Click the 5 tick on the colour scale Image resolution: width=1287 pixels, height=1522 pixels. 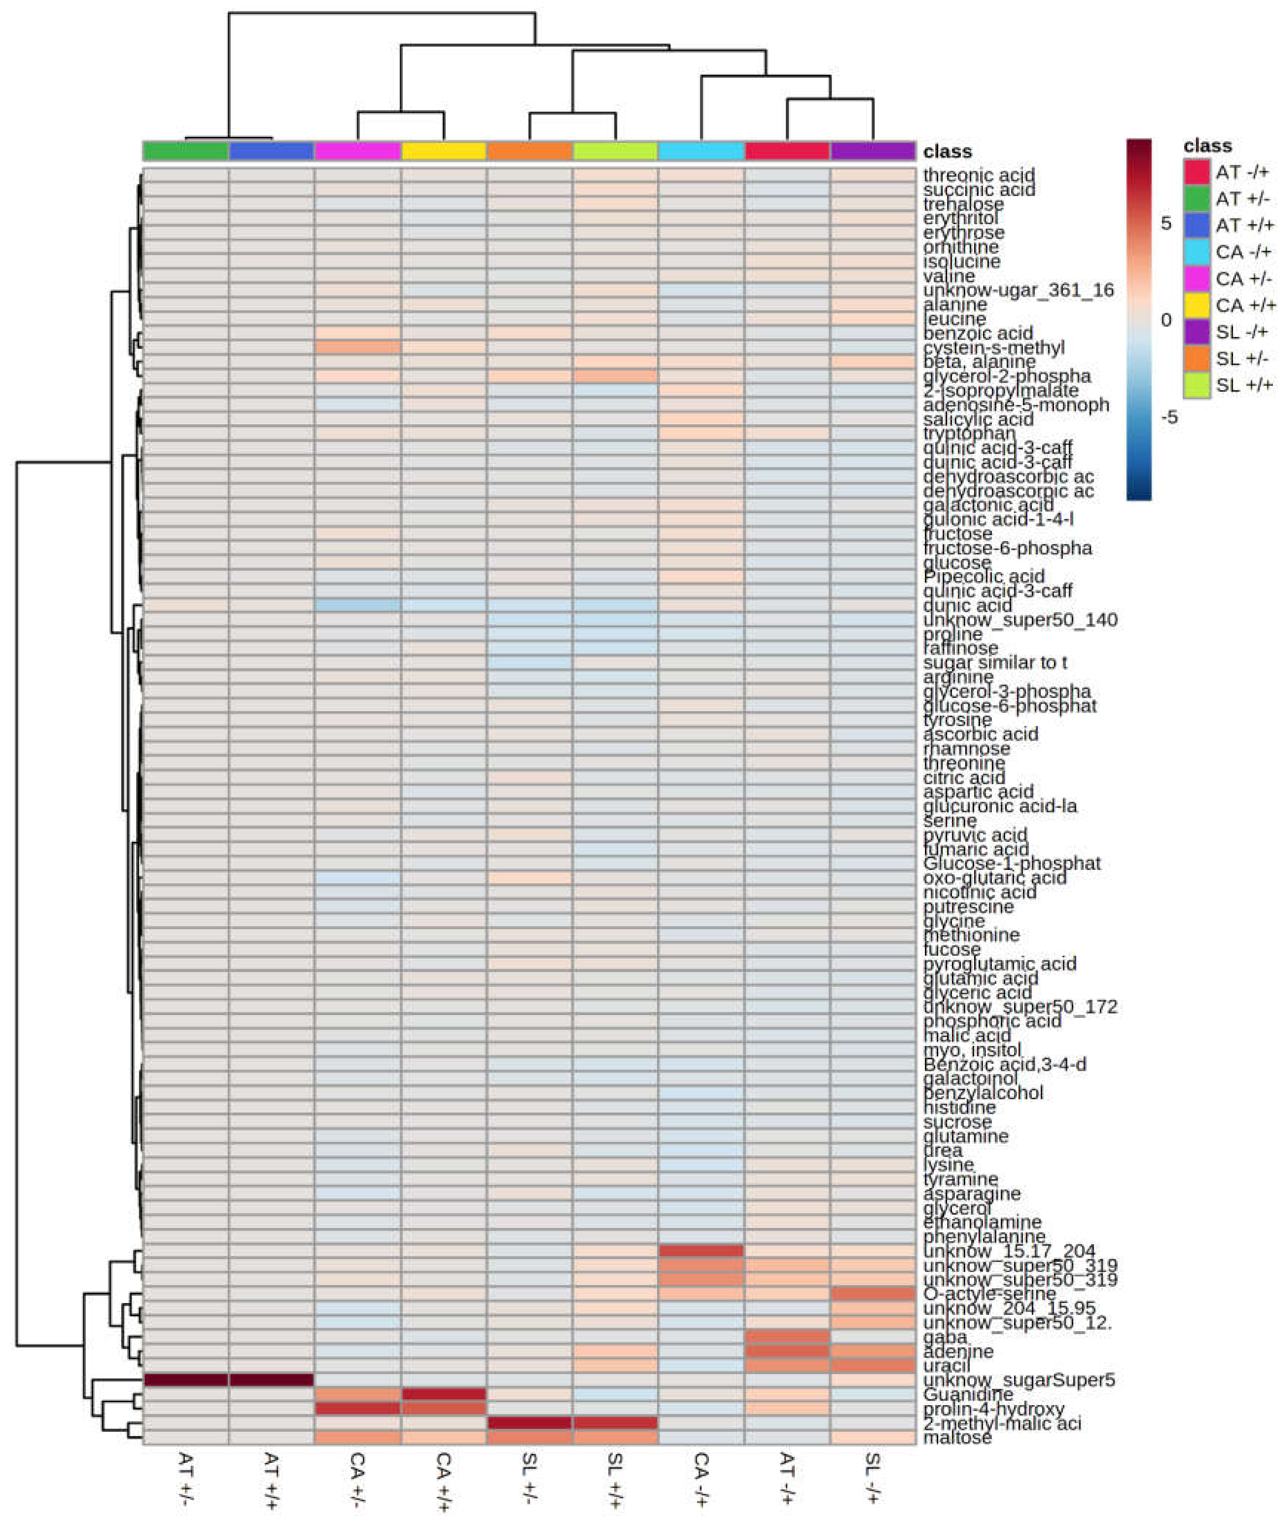pyautogui.click(x=1166, y=223)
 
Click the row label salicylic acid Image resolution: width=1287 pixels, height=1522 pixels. pyautogui.click(x=978, y=419)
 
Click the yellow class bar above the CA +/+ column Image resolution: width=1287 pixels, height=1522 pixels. pyautogui.click(x=443, y=151)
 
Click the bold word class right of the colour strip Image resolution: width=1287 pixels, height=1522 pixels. pyautogui.click(x=947, y=152)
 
